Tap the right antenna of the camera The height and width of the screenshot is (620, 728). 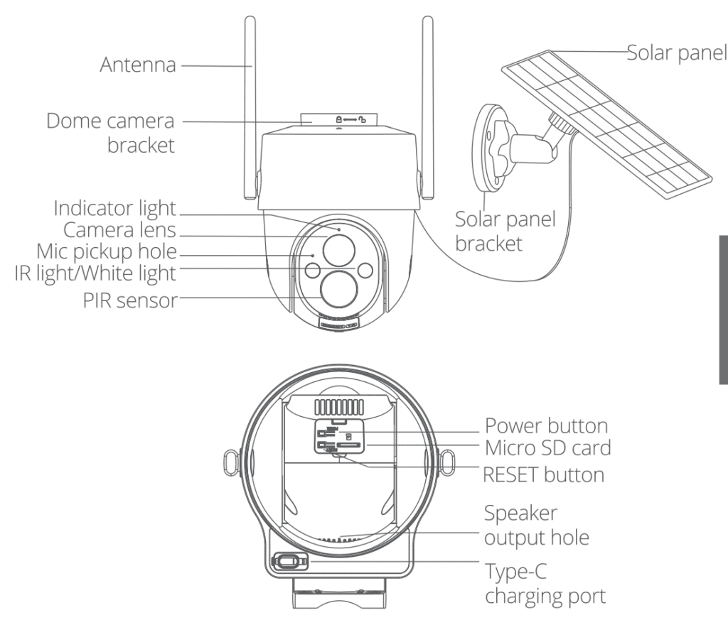point(427,107)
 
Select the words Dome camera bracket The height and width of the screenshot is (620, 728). point(110,133)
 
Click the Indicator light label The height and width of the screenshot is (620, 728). point(116,209)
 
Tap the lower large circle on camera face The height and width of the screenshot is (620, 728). point(338,290)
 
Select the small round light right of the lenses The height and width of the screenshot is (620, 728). point(365,270)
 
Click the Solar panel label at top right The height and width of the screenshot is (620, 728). point(676,53)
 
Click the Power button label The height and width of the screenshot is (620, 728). point(546,426)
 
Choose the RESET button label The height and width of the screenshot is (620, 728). point(544,474)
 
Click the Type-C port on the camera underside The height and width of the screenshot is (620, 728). point(287,562)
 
